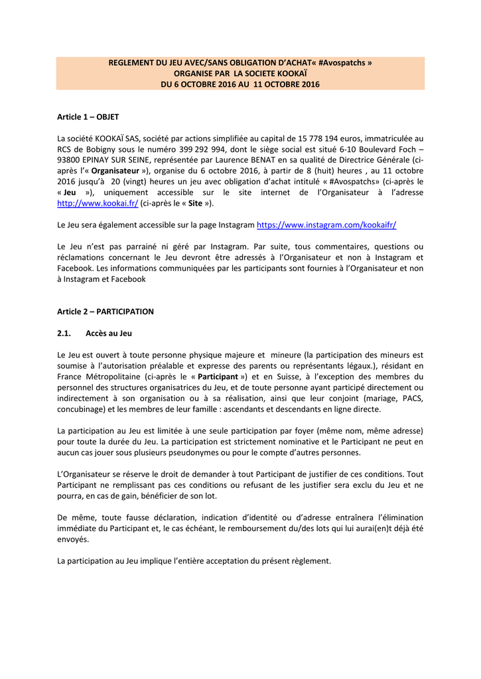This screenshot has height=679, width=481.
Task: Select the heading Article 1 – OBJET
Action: (88, 117)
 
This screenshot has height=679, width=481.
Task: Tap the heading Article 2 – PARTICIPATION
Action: (105, 311)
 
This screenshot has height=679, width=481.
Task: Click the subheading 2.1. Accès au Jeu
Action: (99, 333)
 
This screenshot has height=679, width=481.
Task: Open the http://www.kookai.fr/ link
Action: (98, 204)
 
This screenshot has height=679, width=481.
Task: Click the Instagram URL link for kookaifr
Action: (326, 225)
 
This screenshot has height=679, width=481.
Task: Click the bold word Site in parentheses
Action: (194, 204)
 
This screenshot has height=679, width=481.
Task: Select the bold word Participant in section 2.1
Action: (214, 377)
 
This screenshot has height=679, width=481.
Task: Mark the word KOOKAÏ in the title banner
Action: (291, 74)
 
